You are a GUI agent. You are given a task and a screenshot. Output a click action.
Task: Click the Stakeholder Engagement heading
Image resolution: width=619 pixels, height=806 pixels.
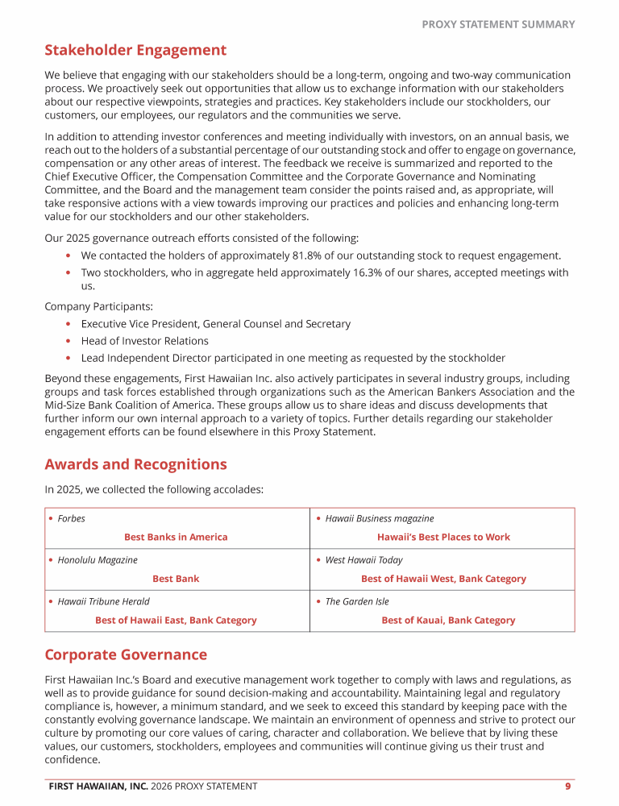135,51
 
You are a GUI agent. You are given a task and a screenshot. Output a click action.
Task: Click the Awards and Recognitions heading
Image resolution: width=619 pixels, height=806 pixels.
135,465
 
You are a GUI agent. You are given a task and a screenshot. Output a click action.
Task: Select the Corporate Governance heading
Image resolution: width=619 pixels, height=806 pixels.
126,655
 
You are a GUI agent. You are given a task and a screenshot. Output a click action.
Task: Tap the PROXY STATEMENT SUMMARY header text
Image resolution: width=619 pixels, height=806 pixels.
498,24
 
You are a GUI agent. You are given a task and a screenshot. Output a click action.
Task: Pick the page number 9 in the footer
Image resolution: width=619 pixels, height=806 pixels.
568,787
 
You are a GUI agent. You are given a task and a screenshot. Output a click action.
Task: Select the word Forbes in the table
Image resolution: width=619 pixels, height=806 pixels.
71,518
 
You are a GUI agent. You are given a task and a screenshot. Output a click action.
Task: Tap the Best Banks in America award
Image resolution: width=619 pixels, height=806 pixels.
176,537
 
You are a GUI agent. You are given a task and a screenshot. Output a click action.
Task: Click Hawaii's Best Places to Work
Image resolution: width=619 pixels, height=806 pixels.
443,537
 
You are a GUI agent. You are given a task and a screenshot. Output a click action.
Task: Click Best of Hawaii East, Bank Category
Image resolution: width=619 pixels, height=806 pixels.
176,621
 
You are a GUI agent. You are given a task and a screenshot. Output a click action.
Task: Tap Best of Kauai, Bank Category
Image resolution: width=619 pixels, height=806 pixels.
448,621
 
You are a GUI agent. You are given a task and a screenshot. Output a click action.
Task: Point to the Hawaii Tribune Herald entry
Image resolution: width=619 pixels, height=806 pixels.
103,601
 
